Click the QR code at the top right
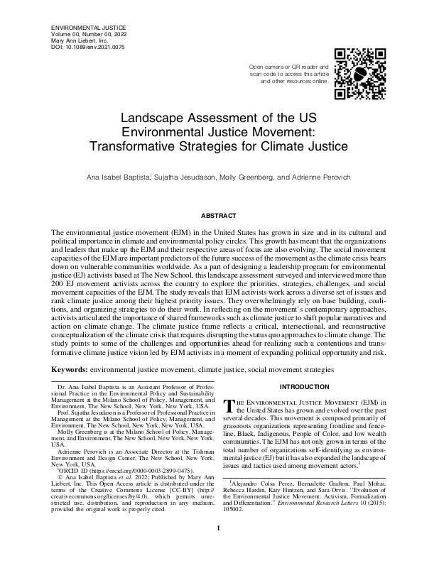point(360,75)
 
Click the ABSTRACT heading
point(220,214)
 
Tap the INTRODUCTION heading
point(305,386)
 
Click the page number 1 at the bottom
point(220,547)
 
